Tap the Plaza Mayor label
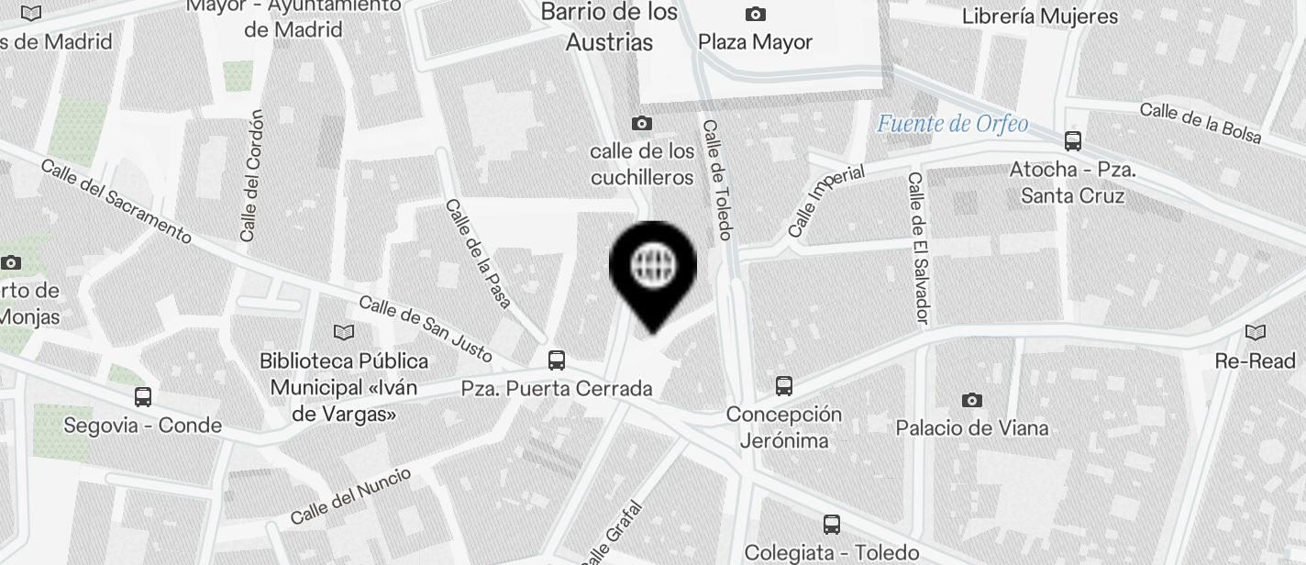[x=755, y=42]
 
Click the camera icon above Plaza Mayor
[x=755, y=14]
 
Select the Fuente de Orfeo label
[x=952, y=124]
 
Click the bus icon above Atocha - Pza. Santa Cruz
[x=1072, y=141]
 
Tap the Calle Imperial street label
[x=826, y=201]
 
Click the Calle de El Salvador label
[x=918, y=248]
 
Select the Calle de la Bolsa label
[x=1201, y=123]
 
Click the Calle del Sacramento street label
[x=116, y=203]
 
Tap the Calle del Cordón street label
[x=251, y=177]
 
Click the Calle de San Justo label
[x=426, y=328]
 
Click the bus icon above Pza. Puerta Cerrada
[x=556, y=360]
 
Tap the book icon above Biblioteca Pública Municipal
[x=344, y=332]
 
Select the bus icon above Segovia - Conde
[x=142, y=397]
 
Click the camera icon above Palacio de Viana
[x=971, y=400]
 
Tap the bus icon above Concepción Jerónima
[x=783, y=386]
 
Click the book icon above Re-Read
[x=1255, y=332]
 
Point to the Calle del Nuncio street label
[x=351, y=494]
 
